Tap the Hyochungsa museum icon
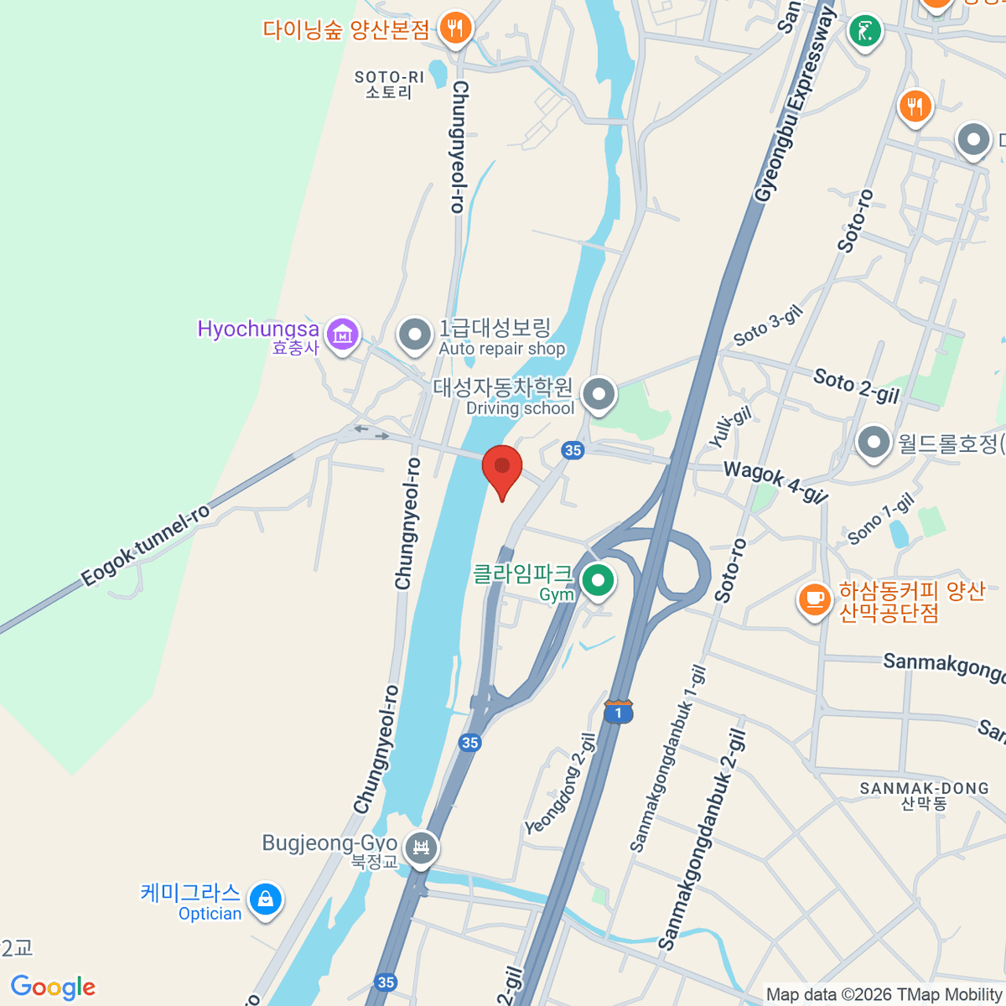(342, 335)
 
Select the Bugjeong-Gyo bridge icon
(421, 848)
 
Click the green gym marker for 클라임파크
(598, 580)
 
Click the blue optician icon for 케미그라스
(265, 900)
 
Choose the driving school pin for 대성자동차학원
(599, 393)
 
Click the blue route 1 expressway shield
(618, 713)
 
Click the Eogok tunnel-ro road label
(146, 546)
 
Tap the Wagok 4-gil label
(775, 481)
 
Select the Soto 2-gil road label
(855, 386)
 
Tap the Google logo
(53, 987)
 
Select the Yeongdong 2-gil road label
(561, 785)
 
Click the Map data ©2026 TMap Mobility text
(884, 994)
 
